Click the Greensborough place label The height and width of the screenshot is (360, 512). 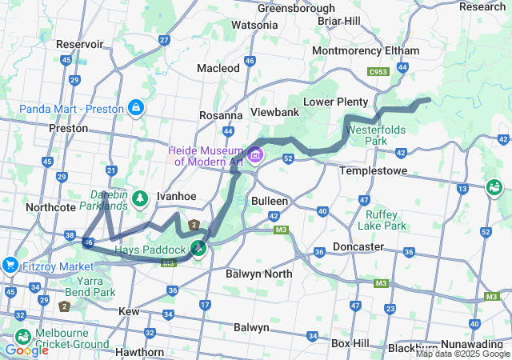tap(296, 8)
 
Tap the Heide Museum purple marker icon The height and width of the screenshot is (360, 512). tap(255, 154)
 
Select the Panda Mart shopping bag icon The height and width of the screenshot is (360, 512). tap(137, 108)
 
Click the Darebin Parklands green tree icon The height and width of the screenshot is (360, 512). tap(141, 196)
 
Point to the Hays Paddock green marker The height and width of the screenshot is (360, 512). tap(197, 248)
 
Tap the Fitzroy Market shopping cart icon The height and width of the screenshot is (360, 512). tap(10, 265)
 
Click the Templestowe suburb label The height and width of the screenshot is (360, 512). tap(373, 171)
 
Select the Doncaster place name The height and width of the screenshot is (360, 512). tap(358, 246)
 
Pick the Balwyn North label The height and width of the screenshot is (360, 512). tap(249, 274)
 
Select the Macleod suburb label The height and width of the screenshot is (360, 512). tap(218, 68)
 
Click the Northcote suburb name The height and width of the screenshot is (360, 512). tap(50, 206)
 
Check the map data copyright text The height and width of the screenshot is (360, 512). tap(462, 354)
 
